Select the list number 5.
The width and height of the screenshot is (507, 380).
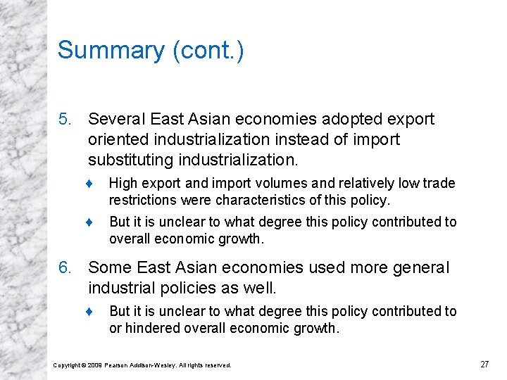(65, 120)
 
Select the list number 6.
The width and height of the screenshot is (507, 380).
(65, 268)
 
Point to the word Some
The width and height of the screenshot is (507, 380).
(107, 268)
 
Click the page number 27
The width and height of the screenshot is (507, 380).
(484, 365)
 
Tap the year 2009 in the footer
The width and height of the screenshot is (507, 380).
(95, 365)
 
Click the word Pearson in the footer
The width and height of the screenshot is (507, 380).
(117, 365)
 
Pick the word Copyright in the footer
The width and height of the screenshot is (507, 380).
(68, 365)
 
